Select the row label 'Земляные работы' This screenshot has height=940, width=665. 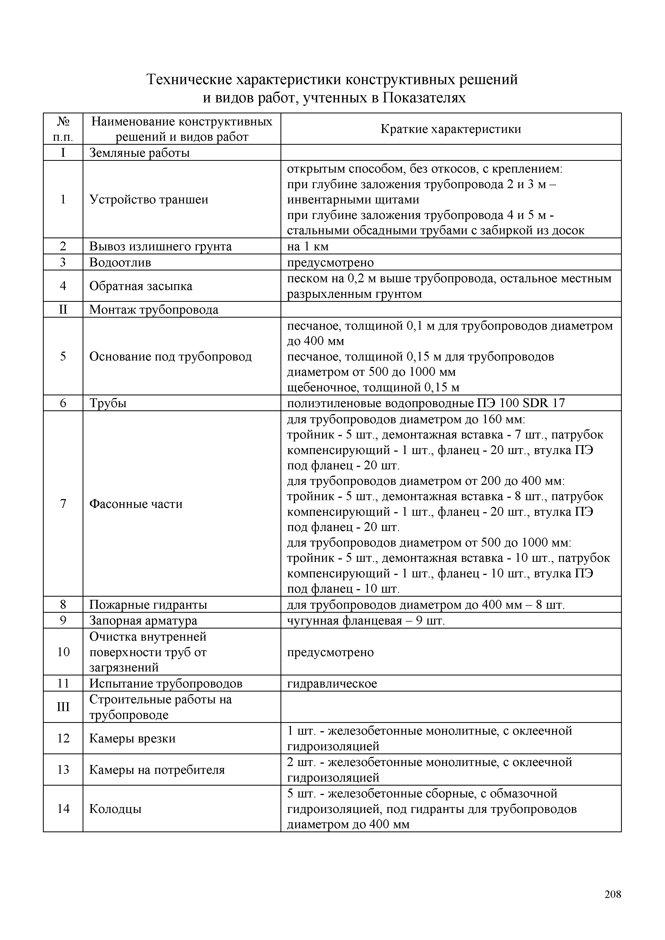click(x=139, y=153)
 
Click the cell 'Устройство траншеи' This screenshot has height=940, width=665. click(x=149, y=199)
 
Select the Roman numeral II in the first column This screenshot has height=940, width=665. click(x=63, y=310)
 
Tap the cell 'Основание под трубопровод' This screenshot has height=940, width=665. click(x=170, y=356)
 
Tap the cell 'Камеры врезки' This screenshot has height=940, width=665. click(x=132, y=739)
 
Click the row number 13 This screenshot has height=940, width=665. click(x=63, y=770)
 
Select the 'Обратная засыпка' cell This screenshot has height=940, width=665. click(x=141, y=286)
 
